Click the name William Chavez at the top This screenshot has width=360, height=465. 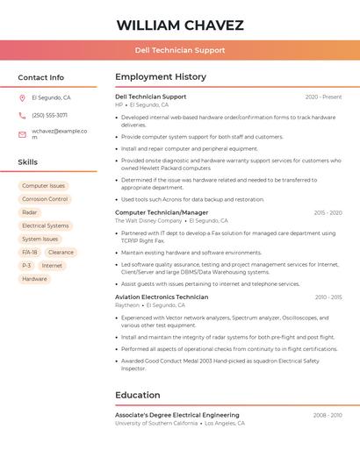180,25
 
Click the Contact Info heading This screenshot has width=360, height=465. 40,77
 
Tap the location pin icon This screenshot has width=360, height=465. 22,97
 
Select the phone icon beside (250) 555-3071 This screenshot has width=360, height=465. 22,115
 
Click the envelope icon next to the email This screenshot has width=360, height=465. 22,133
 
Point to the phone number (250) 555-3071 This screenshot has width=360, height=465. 49,115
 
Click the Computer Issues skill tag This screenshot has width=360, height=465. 43,186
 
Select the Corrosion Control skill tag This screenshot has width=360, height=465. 45,199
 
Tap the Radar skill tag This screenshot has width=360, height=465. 30,212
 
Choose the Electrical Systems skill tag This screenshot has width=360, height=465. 45,225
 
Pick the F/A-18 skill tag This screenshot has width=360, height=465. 29,252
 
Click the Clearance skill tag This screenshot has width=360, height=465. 61,252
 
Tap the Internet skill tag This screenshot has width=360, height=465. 52,265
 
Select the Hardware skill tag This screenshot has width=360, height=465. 34,279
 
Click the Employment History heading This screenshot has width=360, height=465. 161,77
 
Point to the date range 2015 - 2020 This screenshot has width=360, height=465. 328,212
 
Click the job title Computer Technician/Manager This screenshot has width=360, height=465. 162,212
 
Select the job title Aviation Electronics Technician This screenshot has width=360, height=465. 162,297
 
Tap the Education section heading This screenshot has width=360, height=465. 138,395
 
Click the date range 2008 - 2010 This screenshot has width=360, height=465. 328,415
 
